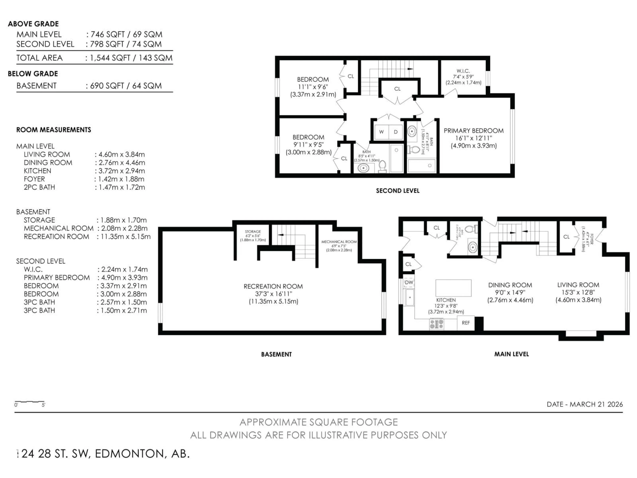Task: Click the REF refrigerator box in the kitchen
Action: point(466,323)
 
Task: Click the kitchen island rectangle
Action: point(453,288)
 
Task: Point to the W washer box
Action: point(381,132)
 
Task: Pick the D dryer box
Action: point(396,132)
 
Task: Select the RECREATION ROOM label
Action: point(273,286)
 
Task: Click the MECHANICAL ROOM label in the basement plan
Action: point(339,242)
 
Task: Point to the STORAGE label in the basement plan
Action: point(253,231)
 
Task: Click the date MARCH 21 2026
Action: point(596,404)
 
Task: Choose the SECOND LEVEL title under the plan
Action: point(397,191)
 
